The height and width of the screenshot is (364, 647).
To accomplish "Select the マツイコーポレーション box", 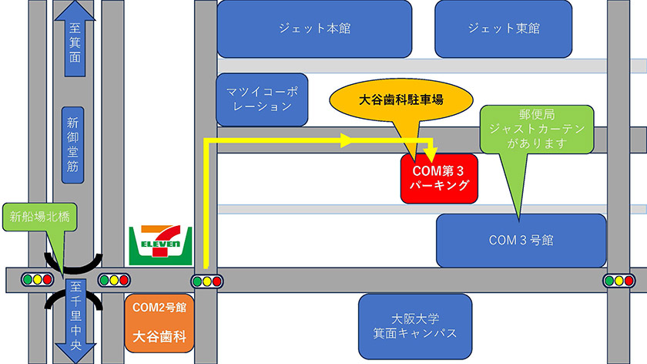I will [262, 99].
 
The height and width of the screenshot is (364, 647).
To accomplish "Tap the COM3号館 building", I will [521, 241].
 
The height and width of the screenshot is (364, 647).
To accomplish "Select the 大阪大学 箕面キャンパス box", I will [414, 325].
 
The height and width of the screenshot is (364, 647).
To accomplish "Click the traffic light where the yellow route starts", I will [206, 280].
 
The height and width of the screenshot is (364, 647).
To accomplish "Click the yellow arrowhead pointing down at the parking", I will [431, 147].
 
